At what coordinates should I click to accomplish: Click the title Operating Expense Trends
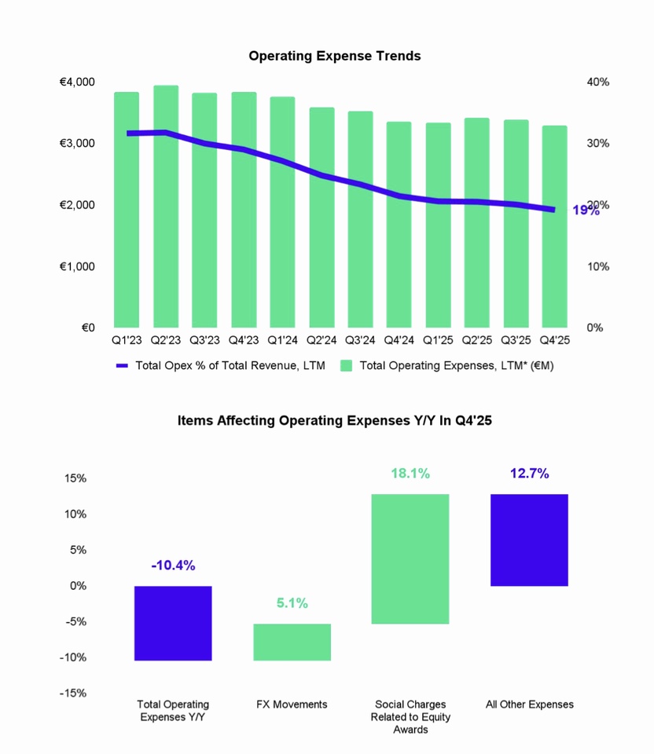pyautogui.click(x=335, y=56)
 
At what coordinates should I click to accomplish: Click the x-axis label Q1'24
pyautogui.click(x=282, y=341)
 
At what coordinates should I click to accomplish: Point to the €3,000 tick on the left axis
pyautogui.click(x=77, y=143)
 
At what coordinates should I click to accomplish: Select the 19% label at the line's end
pyautogui.click(x=586, y=210)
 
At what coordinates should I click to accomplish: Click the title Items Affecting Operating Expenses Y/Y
pyautogui.click(x=335, y=420)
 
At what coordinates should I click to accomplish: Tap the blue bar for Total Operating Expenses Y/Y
pyautogui.click(x=173, y=623)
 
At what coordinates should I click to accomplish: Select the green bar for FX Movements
pyautogui.click(x=292, y=642)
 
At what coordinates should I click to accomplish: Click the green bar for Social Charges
pyautogui.click(x=410, y=558)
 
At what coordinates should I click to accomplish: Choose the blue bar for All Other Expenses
pyautogui.click(x=529, y=540)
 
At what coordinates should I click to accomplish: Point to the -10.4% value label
pyautogui.click(x=173, y=565)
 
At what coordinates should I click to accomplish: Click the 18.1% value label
pyautogui.click(x=410, y=474)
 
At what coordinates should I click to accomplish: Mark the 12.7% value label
pyautogui.click(x=529, y=474)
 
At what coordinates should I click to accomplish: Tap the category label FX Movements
pyautogui.click(x=292, y=705)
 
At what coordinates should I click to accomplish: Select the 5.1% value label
pyautogui.click(x=292, y=603)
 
